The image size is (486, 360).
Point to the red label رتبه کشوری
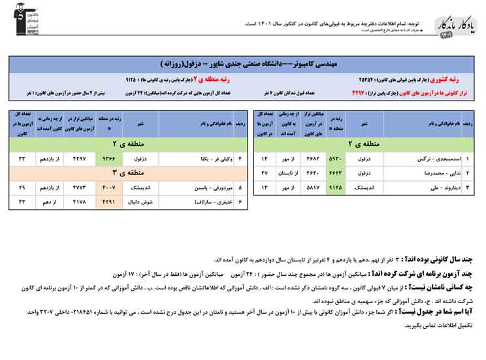pyautogui.click(x=457, y=80)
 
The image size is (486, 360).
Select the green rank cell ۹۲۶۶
pyautogui.click(x=109, y=159)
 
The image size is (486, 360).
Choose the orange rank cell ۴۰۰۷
pyautogui.click(x=109, y=188)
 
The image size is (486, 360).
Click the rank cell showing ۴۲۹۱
pyautogui.click(x=109, y=202)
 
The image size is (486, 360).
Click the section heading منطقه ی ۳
pyautogui.click(x=123, y=172)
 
